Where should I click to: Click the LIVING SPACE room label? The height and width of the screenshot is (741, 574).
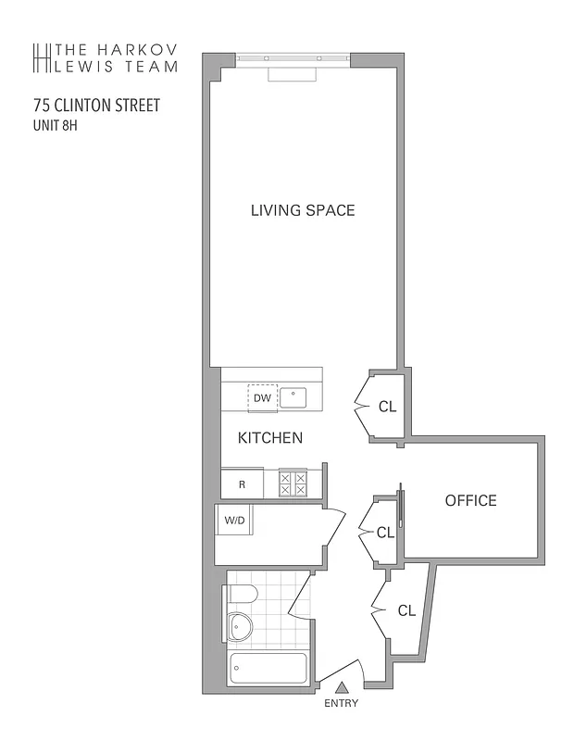tap(303, 210)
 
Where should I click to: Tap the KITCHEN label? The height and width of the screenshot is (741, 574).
tap(270, 437)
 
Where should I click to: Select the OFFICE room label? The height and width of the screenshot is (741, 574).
tap(470, 501)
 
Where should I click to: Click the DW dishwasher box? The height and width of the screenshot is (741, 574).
tap(262, 398)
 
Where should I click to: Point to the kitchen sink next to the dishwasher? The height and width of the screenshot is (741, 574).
tap(294, 398)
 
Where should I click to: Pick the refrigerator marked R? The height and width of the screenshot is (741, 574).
tap(242, 484)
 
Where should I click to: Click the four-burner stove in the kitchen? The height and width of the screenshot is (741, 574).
tap(293, 484)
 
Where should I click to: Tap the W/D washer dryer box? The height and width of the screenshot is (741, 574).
tap(234, 521)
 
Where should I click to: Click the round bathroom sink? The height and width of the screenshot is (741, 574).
tap(240, 627)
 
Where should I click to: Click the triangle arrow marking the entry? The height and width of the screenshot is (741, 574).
tap(341, 687)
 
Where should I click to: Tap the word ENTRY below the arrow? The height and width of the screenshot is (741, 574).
tap(341, 704)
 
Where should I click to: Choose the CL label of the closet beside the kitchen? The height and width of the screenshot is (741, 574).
tap(387, 406)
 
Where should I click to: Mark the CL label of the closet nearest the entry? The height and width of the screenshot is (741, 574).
tap(406, 610)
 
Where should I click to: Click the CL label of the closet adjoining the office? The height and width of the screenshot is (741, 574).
tap(385, 533)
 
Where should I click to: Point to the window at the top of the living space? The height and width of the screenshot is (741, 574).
tap(292, 59)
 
